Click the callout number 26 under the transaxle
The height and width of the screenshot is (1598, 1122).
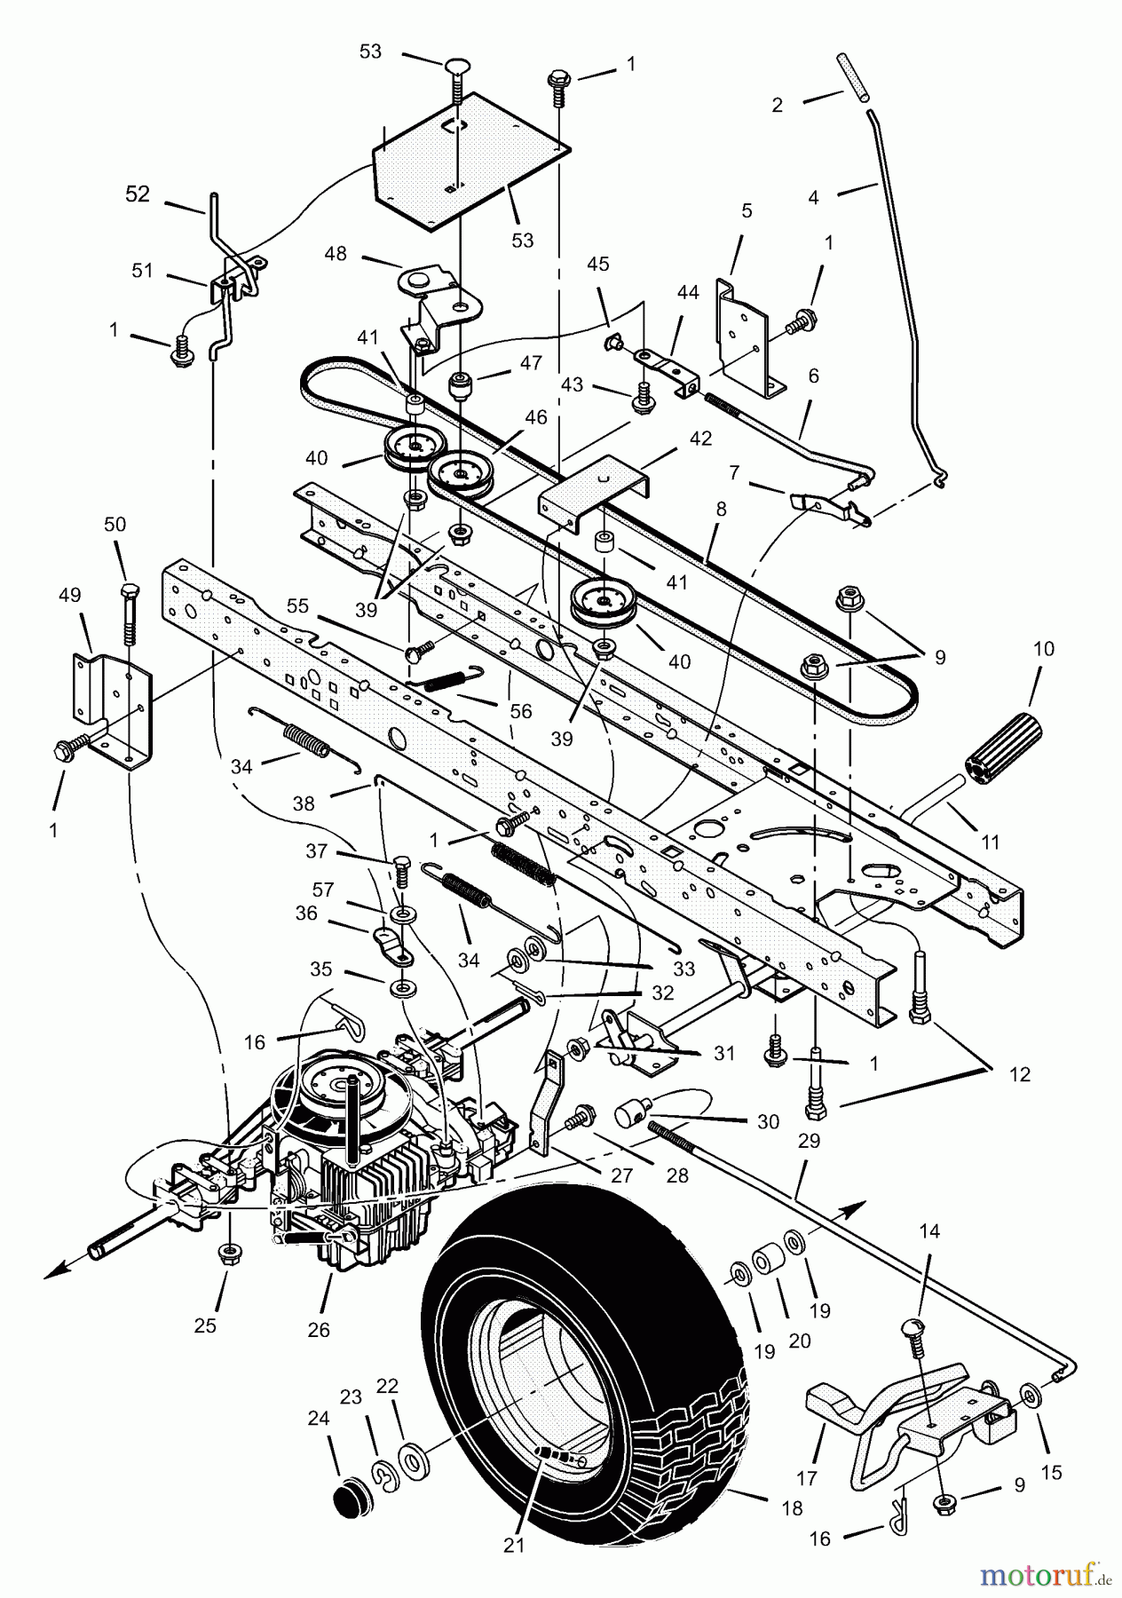coord(319,1329)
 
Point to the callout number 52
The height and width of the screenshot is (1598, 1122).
coord(138,194)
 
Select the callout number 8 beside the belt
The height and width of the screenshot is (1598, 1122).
coord(721,510)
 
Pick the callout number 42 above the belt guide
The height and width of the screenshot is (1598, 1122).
coord(700,439)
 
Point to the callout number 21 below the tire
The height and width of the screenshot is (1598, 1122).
coord(514,1546)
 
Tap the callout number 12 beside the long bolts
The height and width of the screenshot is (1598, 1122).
coord(1020,1074)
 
